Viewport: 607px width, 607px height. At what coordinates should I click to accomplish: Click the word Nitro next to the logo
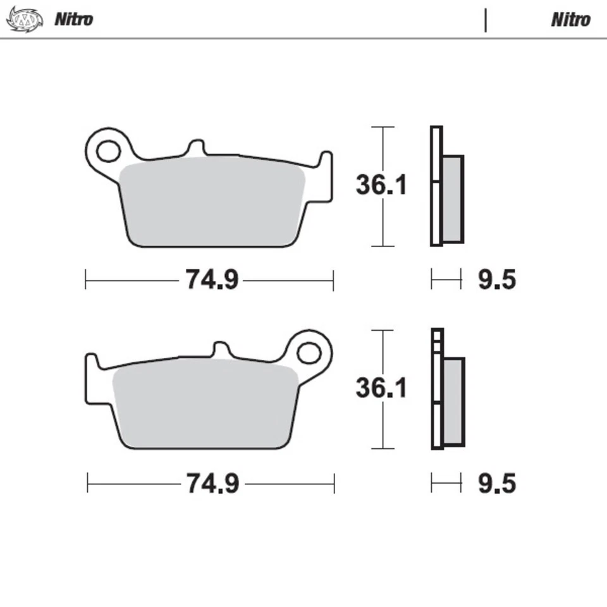73,19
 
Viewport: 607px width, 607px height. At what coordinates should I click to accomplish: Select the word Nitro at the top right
570,20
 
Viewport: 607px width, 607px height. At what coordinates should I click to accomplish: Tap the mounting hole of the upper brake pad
108,152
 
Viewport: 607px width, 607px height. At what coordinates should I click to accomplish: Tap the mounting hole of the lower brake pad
309,353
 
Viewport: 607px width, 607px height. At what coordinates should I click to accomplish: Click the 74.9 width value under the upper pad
212,279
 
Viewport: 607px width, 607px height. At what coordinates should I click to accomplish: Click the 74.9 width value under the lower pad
212,484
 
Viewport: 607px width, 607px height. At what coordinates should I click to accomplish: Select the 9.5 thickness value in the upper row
496,279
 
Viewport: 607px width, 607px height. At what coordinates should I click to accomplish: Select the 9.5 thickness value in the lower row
496,484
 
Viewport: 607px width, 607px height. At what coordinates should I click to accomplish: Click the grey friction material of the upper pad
212,199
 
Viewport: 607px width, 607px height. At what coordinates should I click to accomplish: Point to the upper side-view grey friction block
453,198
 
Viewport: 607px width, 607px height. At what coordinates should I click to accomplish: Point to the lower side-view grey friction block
453,401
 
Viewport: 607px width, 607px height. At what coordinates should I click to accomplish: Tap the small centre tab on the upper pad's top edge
196,148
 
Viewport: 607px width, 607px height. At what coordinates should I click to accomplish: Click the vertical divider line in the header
486,20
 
